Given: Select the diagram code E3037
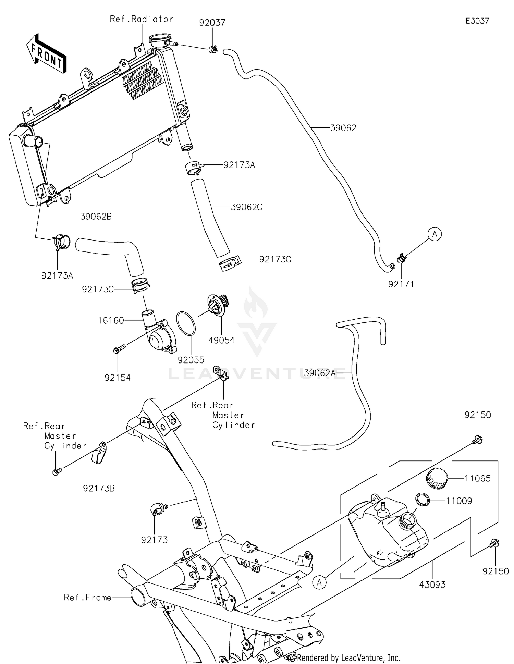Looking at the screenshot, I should coord(477,21).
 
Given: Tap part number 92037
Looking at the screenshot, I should coord(212,23).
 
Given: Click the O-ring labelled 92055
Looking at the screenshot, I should coord(186,323).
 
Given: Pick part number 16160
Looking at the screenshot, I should coord(111,320).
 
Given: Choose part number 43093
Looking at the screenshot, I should coord(432,585).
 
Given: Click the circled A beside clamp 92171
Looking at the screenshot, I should coord(435,234).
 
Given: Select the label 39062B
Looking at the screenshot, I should coord(96,217).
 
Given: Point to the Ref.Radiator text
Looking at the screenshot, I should coord(141,19).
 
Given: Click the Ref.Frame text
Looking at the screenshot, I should coord(88,598).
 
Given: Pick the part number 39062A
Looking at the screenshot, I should coord(320,373).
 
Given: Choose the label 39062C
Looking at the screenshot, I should coord(246,207).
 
